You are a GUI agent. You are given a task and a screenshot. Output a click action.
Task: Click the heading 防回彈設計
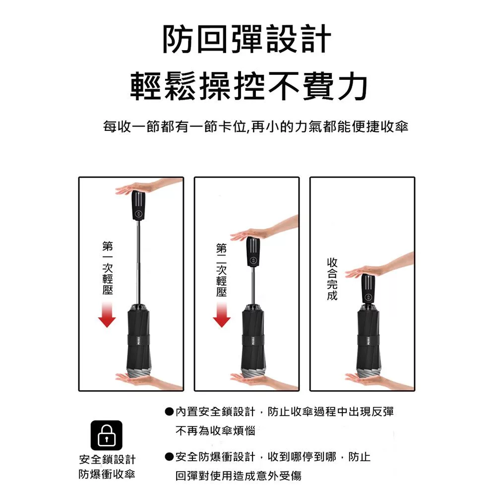tap(247, 39)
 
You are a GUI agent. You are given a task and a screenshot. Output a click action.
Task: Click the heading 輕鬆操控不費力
tap(249, 85)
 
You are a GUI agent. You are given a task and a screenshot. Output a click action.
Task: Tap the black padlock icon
tap(106, 435)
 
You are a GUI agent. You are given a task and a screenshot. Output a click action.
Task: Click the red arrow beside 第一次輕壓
tap(107, 314)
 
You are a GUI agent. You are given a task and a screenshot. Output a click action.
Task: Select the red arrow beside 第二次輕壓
tap(222, 314)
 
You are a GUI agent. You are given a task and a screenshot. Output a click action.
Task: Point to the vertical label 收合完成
tap(332, 279)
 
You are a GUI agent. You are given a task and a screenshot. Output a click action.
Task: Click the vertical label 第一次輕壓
tap(108, 268)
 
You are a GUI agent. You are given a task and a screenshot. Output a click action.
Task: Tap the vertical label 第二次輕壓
tap(221, 270)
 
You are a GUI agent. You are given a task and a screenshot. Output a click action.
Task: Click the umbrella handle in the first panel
tap(138, 205)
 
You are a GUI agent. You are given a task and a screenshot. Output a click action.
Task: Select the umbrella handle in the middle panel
tap(253, 251)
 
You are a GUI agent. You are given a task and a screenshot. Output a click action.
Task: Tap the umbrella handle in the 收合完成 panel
tap(368, 289)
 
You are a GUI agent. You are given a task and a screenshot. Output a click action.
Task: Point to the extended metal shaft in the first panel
tap(138, 262)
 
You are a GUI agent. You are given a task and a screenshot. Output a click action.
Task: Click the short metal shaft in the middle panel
tap(253, 286)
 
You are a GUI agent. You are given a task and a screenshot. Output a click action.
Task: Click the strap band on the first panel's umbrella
tap(138, 340)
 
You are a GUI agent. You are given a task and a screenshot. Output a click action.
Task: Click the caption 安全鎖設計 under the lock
tap(107, 459)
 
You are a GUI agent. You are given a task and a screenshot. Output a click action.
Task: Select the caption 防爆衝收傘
tap(107, 474)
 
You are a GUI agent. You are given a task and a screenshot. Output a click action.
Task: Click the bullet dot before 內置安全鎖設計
tap(169, 412)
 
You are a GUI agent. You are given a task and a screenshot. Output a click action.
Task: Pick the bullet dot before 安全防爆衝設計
tap(169, 457)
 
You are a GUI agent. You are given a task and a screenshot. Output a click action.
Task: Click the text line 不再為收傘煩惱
tap(215, 431)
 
